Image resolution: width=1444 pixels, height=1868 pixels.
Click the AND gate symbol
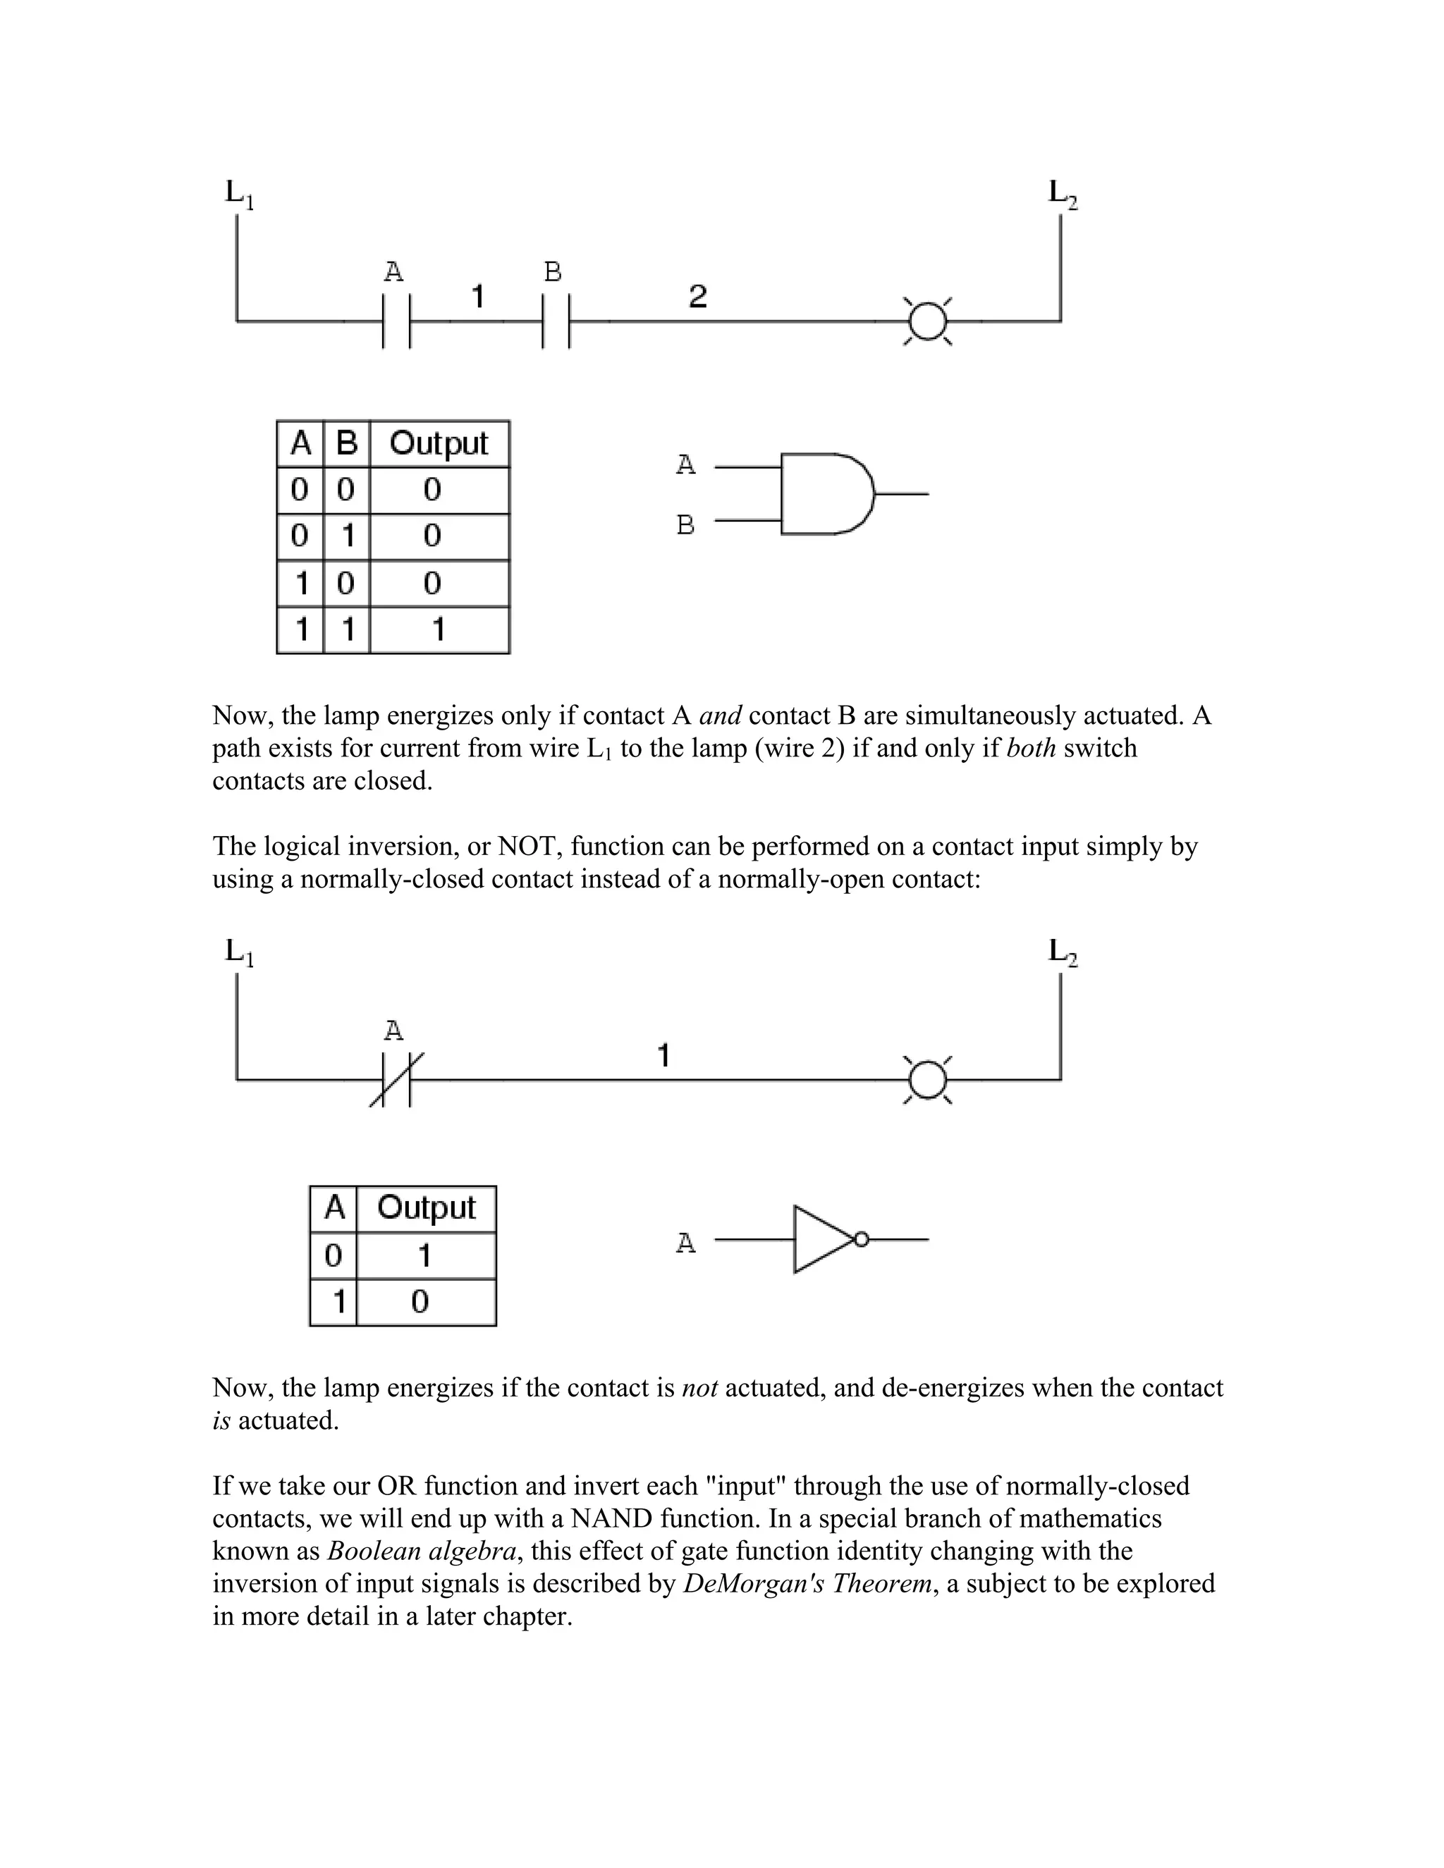coord(826,493)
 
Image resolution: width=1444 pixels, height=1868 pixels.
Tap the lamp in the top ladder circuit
coord(928,321)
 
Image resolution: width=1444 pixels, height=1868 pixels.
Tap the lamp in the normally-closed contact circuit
coord(928,1080)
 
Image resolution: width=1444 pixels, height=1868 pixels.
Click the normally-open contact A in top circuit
coord(397,321)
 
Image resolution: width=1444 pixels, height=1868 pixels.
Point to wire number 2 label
coord(698,297)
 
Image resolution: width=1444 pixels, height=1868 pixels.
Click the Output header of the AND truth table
coord(438,443)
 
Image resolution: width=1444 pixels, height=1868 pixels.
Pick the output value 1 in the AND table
coord(438,630)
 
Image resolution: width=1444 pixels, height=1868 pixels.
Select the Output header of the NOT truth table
coord(425,1208)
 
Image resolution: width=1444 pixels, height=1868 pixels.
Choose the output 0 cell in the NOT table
coord(420,1302)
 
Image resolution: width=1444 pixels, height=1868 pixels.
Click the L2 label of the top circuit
coord(1063,193)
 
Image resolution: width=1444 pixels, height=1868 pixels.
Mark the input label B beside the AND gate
coord(685,524)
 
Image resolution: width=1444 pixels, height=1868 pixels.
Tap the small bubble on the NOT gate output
coord(862,1239)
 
